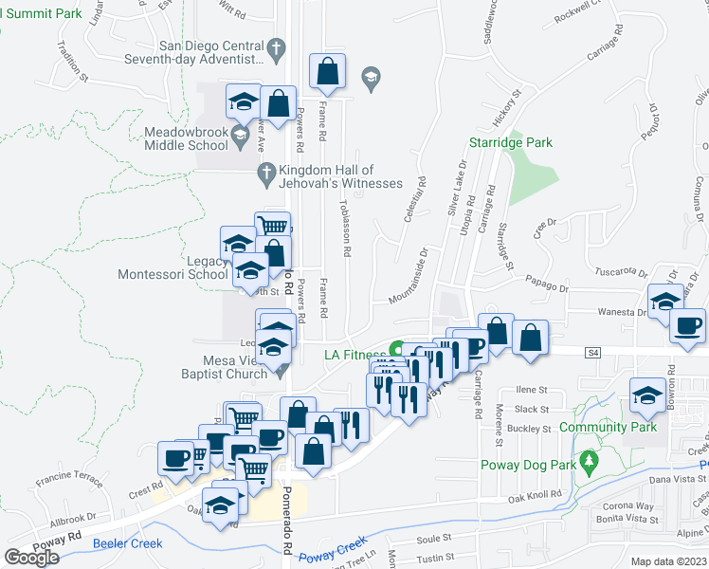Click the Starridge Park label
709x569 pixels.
[511, 142]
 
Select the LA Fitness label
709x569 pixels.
[355, 355]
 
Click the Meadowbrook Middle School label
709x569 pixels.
[186, 138]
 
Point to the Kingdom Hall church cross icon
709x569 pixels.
[266, 171]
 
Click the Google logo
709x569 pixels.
[31, 557]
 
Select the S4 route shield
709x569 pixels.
[593, 353]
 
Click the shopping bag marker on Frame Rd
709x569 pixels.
[327, 71]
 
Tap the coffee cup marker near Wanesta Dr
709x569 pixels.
[687, 326]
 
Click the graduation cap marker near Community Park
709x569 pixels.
[648, 395]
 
